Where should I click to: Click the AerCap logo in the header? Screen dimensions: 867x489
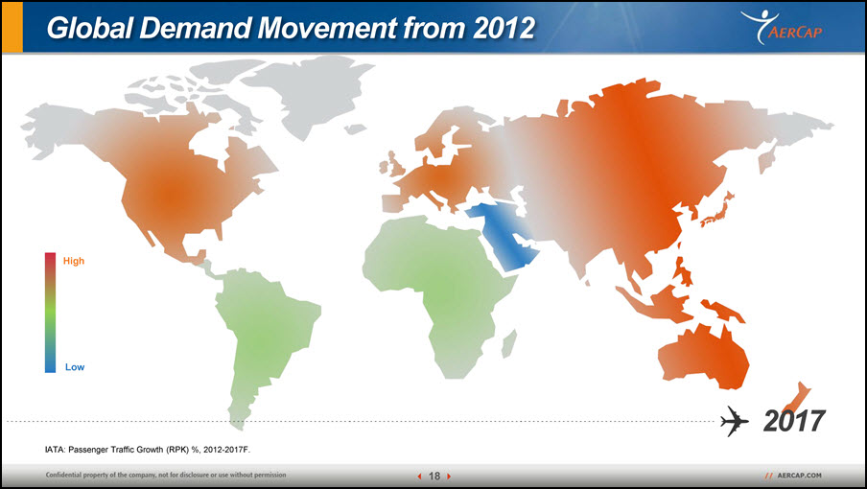coord(782,27)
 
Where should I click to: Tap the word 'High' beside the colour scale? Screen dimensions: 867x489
coord(74,261)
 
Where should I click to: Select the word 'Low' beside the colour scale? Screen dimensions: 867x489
coord(75,367)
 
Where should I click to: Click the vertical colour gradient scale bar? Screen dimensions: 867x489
coord(50,313)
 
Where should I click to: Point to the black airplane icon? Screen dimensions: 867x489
coord(735,421)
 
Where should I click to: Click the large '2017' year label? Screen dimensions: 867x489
coord(794,421)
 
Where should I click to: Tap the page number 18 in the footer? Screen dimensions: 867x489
coord(434,476)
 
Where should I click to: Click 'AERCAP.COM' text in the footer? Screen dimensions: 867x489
coord(799,476)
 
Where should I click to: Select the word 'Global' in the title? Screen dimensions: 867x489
coord(89,28)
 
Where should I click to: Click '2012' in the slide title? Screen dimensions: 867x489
coord(504,28)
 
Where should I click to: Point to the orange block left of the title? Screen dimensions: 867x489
coord(12,27)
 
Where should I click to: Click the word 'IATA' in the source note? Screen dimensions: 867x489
coord(54,450)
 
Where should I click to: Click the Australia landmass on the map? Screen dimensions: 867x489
coord(704,357)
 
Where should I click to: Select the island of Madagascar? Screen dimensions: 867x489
coord(509,343)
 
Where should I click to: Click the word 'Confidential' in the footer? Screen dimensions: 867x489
coord(64,475)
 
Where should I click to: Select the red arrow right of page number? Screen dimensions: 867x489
coord(449,476)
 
